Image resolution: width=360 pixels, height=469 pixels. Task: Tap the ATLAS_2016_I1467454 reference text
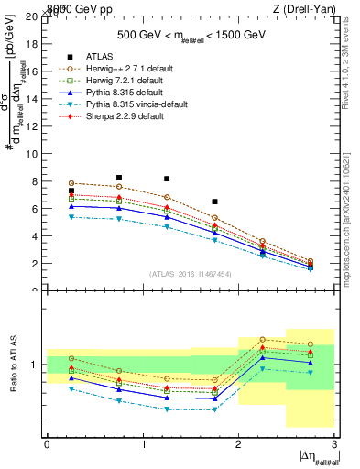coord(190,273)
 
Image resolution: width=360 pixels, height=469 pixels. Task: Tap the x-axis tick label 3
coord(334,444)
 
